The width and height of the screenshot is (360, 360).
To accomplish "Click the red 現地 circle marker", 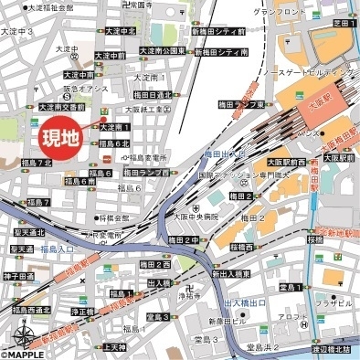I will coord(61,137).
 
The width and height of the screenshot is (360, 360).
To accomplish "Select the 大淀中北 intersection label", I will coord(120,30).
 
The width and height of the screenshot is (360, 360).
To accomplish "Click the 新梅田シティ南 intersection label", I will coord(220,53).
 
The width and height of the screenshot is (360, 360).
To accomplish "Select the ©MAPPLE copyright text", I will coord(23,355).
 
